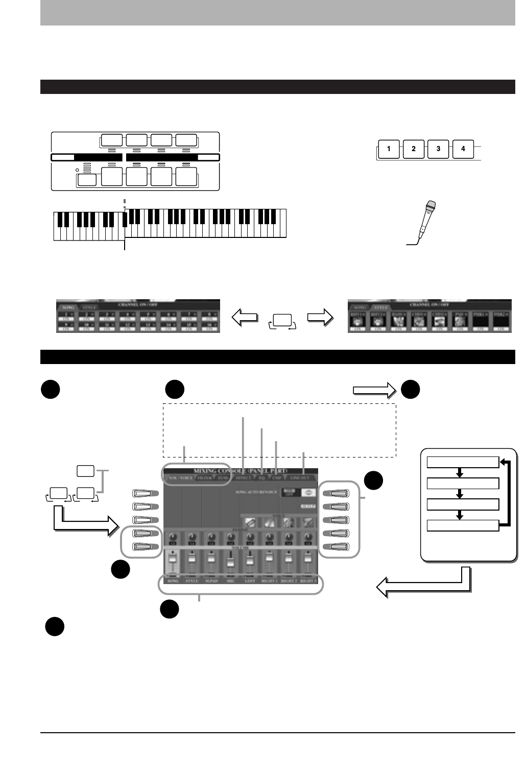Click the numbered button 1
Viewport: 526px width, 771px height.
[389, 149]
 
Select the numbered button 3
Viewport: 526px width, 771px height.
[439, 149]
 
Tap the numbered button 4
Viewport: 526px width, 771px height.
[463, 149]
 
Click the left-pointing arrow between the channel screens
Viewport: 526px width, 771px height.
[245, 318]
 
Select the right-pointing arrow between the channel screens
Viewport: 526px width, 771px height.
[321, 318]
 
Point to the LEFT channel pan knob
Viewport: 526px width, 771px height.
[250, 537]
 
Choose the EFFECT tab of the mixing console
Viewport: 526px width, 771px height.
[244, 478]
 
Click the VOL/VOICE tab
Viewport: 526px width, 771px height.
[179, 478]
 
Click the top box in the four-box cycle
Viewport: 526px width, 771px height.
[463, 463]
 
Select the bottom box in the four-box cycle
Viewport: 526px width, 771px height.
[463, 525]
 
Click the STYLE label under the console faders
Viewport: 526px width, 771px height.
[192, 581]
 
